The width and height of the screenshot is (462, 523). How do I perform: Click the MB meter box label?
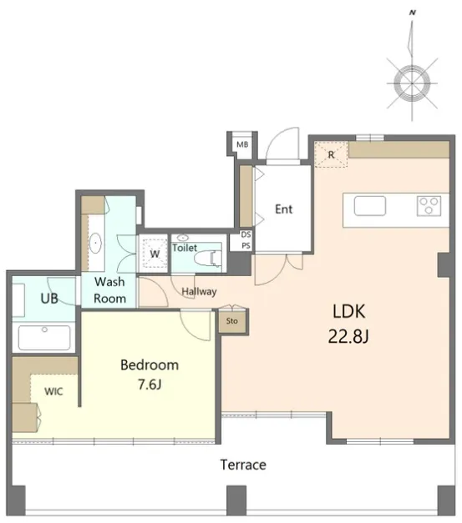(242, 144)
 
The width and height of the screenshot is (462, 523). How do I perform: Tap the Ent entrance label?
(283, 209)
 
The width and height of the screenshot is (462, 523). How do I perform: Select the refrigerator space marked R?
(331, 154)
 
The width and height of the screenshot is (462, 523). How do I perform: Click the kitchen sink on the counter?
(370, 206)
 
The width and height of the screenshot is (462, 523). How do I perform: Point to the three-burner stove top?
(429, 205)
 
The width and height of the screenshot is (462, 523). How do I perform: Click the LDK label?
(348, 311)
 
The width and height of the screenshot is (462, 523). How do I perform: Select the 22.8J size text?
(348, 336)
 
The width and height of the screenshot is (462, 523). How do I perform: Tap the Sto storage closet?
(232, 321)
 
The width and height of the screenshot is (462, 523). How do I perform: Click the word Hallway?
(199, 291)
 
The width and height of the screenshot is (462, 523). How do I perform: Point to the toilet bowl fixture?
(207, 259)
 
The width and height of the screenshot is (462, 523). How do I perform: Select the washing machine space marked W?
(154, 254)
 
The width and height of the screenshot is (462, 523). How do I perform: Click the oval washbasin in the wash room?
(95, 243)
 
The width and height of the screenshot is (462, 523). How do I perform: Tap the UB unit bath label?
(49, 298)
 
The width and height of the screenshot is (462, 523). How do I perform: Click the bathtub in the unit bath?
(44, 338)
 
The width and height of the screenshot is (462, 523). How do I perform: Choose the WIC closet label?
(53, 391)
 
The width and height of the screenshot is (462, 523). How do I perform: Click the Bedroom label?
(150, 365)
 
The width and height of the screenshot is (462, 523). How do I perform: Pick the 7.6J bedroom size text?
(150, 385)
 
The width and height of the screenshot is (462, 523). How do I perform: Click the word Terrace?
(243, 465)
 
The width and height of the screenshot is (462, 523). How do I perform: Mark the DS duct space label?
(246, 234)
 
